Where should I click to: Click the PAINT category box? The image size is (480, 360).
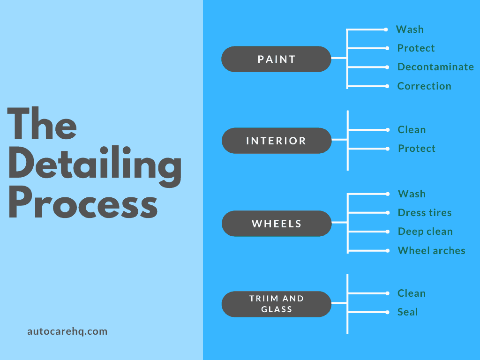(276, 59)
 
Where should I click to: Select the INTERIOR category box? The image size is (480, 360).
(276, 141)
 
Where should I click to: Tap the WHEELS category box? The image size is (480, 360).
(276, 224)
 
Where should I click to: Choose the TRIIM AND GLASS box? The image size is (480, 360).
(276, 304)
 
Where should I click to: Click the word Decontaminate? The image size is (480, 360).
(435, 67)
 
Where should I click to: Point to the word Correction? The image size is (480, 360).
(424, 86)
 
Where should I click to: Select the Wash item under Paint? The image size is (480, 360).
(410, 30)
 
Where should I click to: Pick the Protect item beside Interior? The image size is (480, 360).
(417, 149)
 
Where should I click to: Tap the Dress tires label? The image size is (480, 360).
(425, 213)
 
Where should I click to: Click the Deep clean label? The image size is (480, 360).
(425, 232)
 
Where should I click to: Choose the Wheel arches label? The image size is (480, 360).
(431, 251)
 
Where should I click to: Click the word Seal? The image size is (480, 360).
(407, 312)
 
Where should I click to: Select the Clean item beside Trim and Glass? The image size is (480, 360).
(412, 293)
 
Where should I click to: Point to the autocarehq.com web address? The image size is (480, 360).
(67, 331)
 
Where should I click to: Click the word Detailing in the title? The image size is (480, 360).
(95, 166)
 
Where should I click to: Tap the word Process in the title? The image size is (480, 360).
(82, 205)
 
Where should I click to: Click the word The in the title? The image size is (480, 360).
(42, 124)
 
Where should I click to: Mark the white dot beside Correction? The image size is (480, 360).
(387, 86)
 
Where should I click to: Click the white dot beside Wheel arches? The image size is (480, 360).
(387, 251)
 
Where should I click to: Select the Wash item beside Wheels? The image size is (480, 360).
(412, 194)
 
